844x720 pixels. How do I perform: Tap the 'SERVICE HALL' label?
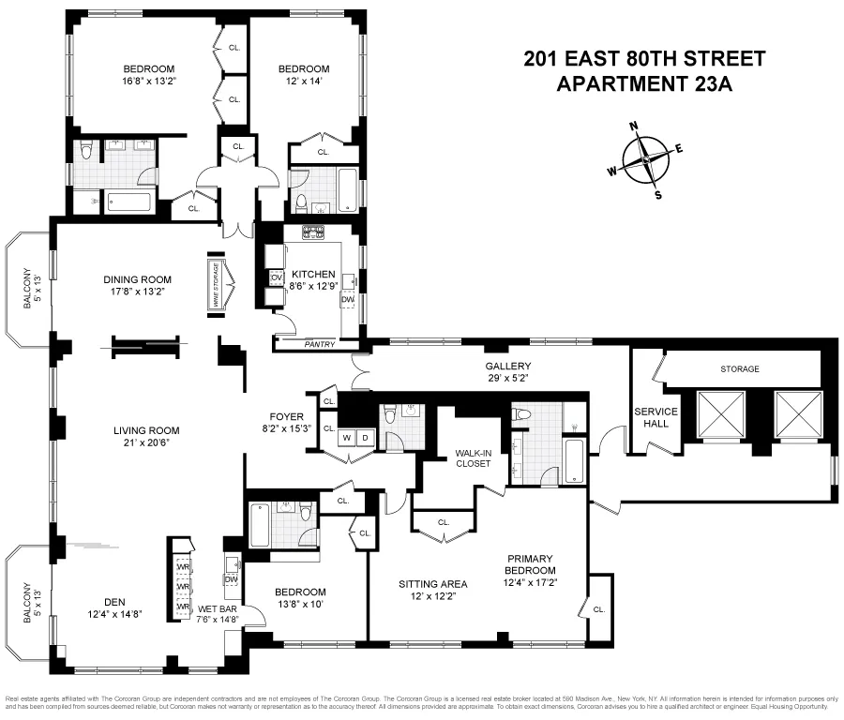tap(656, 417)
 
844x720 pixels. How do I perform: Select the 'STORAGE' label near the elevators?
tap(740, 368)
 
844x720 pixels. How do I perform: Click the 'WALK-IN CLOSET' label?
tap(475, 457)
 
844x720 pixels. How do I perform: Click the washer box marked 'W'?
tap(346, 436)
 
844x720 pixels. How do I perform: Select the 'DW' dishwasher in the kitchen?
tap(347, 299)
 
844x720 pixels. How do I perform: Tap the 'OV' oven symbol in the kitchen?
tap(277, 277)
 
